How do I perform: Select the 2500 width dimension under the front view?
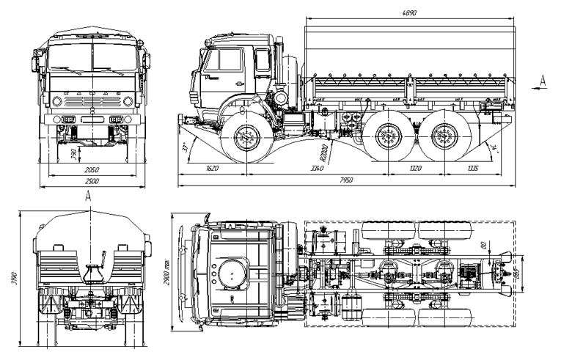92,180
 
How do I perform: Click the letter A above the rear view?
88,195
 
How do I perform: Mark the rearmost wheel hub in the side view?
440,137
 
